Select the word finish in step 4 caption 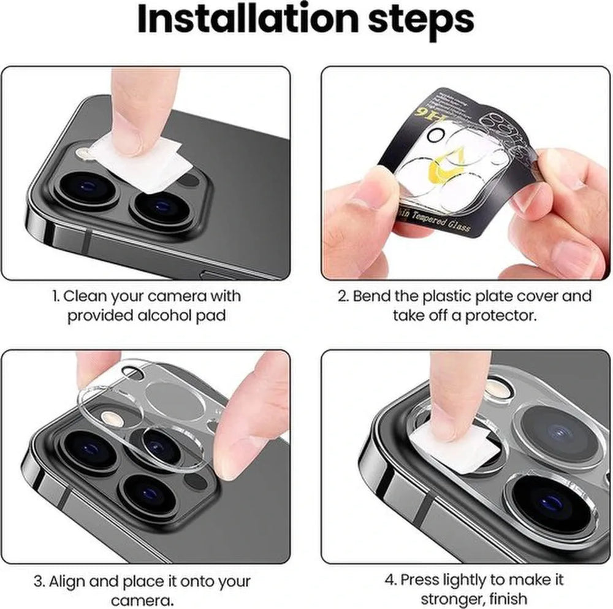tap(506, 599)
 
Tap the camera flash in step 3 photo tap(112, 418)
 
